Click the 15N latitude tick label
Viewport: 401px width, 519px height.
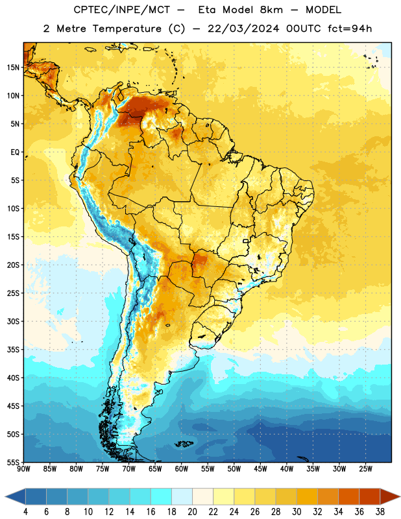click(x=13, y=67)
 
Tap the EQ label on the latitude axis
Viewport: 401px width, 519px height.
click(x=15, y=152)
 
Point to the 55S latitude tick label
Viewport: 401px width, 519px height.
click(x=13, y=462)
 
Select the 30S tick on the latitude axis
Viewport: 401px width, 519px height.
click(x=13, y=321)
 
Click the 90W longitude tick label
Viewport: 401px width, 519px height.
click(x=24, y=469)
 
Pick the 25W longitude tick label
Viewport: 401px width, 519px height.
click(x=365, y=469)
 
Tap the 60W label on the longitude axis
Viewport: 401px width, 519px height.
click(x=182, y=469)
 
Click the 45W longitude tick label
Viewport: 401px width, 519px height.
click(x=260, y=469)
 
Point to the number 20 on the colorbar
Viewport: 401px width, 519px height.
click(x=192, y=512)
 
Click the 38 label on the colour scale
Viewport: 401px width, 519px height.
click(x=380, y=512)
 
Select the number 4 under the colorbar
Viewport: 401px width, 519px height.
click(x=25, y=512)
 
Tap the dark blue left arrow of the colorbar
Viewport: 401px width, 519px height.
click(x=15, y=497)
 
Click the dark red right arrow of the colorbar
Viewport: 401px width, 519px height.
click(x=390, y=497)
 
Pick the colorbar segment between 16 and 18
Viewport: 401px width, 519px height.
click(x=162, y=497)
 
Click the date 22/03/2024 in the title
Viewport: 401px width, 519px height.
click(x=243, y=29)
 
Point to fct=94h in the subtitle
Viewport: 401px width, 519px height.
click(x=350, y=29)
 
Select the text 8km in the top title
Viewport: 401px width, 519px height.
click(x=271, y=10)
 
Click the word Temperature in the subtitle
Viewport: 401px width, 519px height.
click(x=127, y=29)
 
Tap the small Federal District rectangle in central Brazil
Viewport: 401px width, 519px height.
click(x=246, y=241)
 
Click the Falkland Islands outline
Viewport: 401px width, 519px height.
click(x=184, y=444)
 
